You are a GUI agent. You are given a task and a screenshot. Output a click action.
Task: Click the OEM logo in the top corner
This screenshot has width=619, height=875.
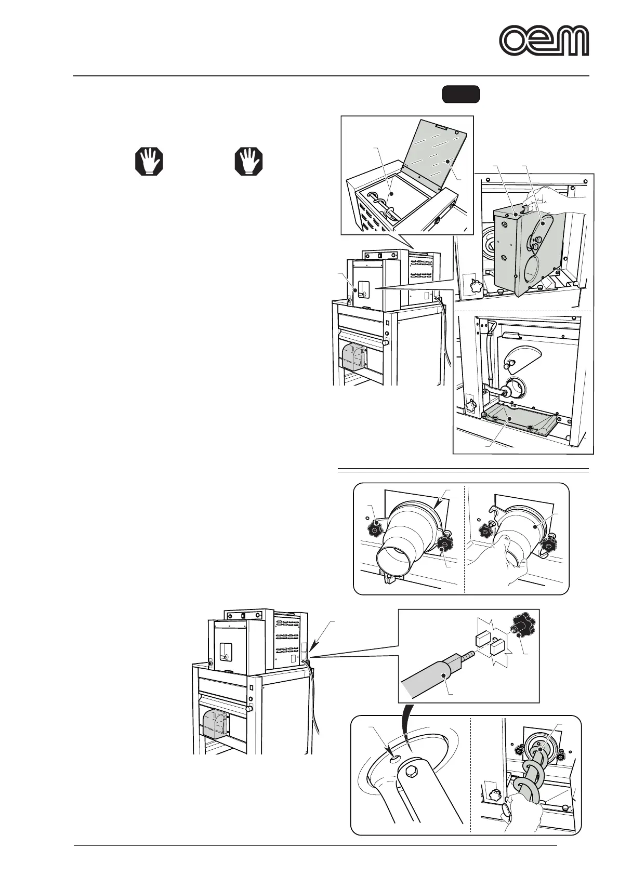click(x=544, y=41)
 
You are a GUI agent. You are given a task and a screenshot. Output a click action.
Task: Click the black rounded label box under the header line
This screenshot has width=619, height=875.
click(x=460, y=95)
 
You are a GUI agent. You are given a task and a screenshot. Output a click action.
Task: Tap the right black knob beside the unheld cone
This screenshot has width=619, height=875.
click(x=446, y=545)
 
